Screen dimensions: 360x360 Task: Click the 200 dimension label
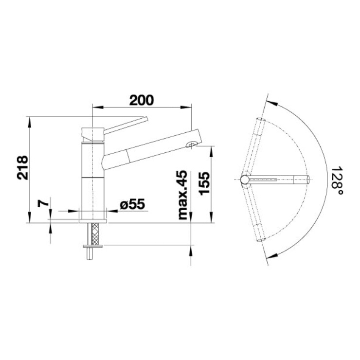pos(141,100)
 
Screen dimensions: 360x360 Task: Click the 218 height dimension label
pos(22,168)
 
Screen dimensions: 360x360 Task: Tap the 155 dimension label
pos(204,183)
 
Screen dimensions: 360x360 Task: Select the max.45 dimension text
pos(183,195)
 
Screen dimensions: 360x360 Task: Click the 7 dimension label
pos(43,203)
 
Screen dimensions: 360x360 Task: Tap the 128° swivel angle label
pos(337,180)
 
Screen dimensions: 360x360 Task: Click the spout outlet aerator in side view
pos(191,144)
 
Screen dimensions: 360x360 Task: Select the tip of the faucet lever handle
pos(146,119)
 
